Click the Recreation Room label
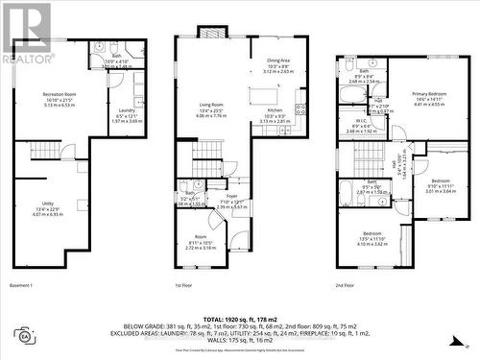60,94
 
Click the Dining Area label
278,60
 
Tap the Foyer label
231,196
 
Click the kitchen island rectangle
263,95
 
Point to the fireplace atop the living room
212,32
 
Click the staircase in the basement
44,150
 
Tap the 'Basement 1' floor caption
21,285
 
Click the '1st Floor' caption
187,285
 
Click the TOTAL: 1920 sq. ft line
240,316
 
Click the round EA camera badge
23,334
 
